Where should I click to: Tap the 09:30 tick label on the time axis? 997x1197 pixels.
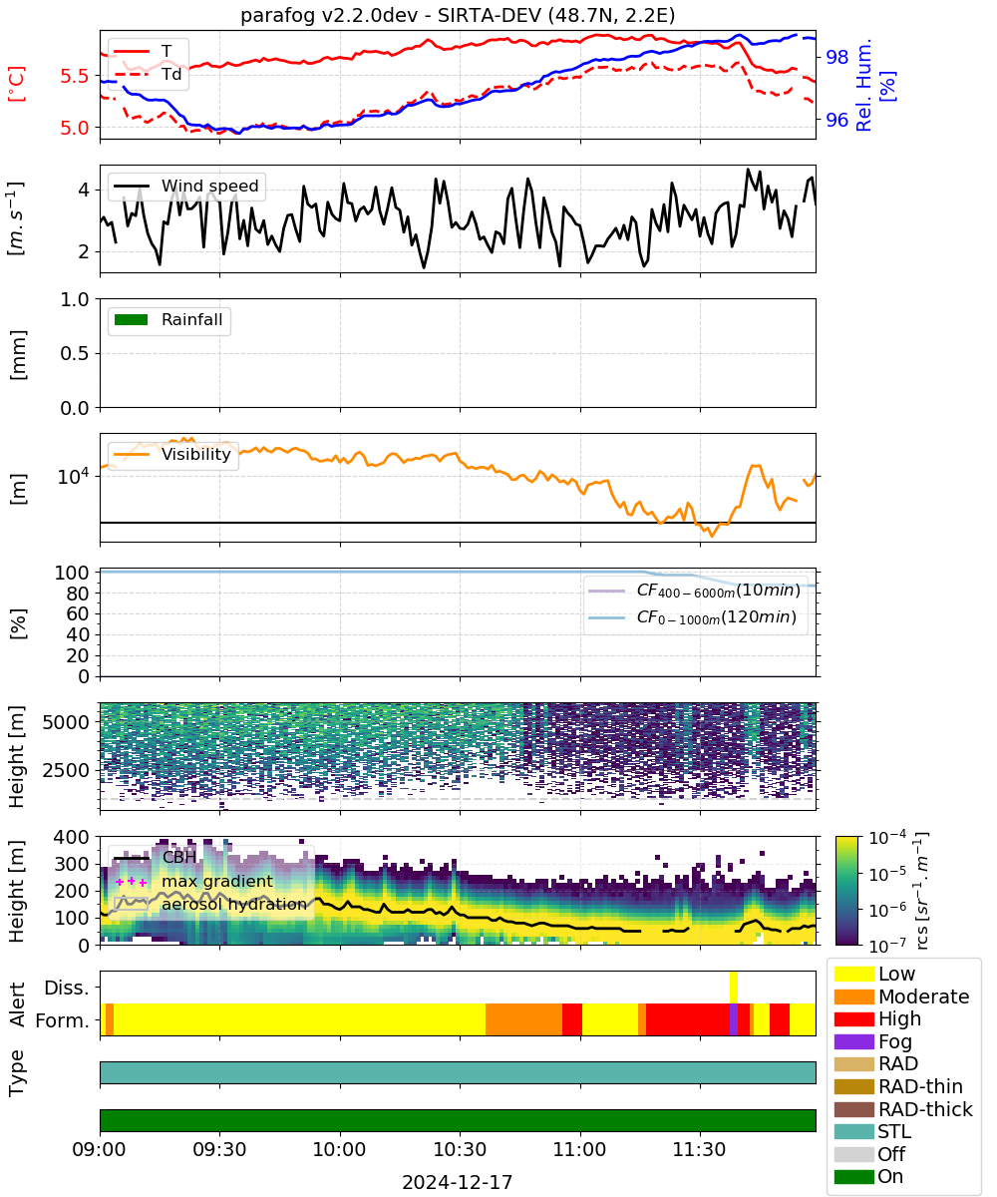pos(219,1149)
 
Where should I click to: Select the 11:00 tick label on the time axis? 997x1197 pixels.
pos(579,1149)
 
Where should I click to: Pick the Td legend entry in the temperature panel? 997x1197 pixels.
pos(148,75)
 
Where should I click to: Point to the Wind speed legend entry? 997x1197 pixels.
pos(186,186)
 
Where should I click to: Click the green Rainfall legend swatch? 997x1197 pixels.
pos(132,320)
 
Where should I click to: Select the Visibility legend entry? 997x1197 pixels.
pos(172,454)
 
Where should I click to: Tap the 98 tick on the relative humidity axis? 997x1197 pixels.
pos(836,57)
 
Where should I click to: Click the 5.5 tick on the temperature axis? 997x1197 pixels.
pos(75,76)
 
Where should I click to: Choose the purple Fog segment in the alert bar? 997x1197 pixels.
pos(733,1019)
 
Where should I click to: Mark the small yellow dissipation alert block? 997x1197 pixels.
pos(734,988)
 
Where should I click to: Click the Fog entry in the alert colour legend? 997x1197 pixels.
pos(872,1041)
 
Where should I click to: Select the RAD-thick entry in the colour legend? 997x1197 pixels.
pos(903,1109)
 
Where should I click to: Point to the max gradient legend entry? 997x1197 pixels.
pos(194,881)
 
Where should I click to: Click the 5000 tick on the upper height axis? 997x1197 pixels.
pos(66,722)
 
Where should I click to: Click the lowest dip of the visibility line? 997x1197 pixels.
pos(712,536)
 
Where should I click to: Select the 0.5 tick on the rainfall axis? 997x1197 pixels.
pos(75,353)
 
